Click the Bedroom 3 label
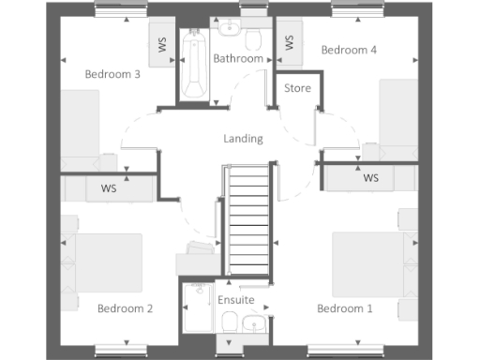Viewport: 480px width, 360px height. [x=112, y=73]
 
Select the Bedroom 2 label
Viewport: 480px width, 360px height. [x=125, y=307]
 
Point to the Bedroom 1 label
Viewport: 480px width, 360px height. [x=344, y=307]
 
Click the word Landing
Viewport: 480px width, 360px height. [x=243, y=139]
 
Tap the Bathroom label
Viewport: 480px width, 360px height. [x=238, y=58]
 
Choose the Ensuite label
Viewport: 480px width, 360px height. [x=235, y=300]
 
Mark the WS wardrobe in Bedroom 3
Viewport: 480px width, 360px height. [x=161, y=44]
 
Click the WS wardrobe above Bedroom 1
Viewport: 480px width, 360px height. [x=370, y=177]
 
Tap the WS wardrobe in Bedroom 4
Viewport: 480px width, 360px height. [x=289, y=42]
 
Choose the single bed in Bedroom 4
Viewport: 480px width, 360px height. [x=397, y=116]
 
